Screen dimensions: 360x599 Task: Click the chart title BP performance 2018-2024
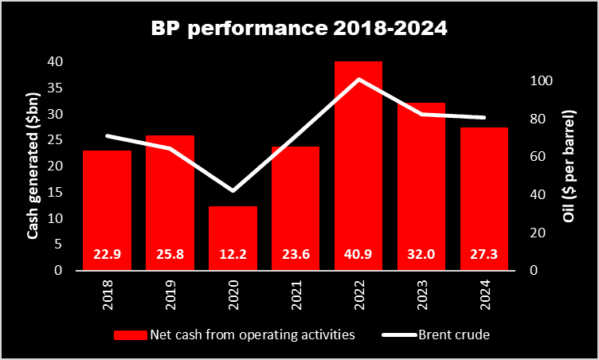(299, 30)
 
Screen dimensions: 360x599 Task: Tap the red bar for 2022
(358, 159)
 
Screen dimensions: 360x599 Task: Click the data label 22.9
(107, 256)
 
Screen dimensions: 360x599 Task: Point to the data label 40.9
(358, 256)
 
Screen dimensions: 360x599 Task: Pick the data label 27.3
(484, 256)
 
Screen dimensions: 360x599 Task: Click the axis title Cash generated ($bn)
(33, 166)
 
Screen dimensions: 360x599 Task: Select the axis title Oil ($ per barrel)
(570, 166)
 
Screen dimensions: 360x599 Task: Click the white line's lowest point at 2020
(233, 190)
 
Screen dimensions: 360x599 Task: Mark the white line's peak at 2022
(358, 79)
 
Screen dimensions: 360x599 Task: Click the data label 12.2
(233, 256)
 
